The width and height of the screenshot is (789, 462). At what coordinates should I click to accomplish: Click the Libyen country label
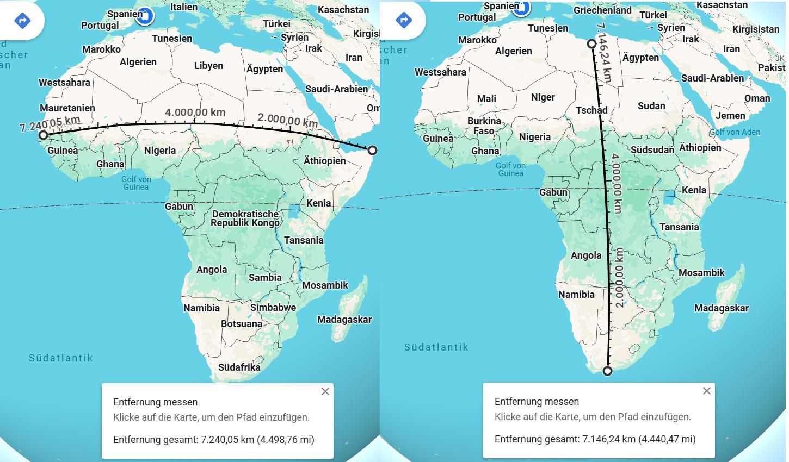tap(208, 66)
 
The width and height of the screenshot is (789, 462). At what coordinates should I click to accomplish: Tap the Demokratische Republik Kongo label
tap(245, 218)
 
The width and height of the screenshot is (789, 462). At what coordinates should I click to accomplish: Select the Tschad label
tap(591, 110)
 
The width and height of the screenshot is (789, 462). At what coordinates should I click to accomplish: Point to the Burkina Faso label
tap(484, 126)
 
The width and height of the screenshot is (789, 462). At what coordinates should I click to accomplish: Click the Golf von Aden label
tap(735, 132)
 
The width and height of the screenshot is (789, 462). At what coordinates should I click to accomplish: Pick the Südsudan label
tap(652, 149)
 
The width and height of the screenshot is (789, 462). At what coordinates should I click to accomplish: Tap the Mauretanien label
tap(67, 108)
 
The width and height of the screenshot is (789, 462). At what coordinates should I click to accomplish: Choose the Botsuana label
tap(242, 324)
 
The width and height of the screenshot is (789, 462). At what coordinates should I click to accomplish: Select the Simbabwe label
tap(273, 308)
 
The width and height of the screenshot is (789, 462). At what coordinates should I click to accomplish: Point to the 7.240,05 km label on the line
tap(50, 123)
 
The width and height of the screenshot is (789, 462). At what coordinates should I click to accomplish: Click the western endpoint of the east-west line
tap(43, 135)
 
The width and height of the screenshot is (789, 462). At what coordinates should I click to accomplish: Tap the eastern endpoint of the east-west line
tap(372, 150)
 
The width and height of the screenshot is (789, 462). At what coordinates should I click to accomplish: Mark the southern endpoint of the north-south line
tap(607, 371)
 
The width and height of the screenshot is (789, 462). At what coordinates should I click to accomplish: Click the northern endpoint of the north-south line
tap(591, 43)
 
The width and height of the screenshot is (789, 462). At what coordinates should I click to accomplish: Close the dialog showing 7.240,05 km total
tap(325, 391)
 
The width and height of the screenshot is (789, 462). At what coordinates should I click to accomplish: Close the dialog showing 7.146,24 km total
tap(707, 391)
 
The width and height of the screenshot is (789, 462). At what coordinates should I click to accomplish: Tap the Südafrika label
tap(239, 367)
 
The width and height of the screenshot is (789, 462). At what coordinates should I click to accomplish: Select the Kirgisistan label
tap(756, 29)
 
